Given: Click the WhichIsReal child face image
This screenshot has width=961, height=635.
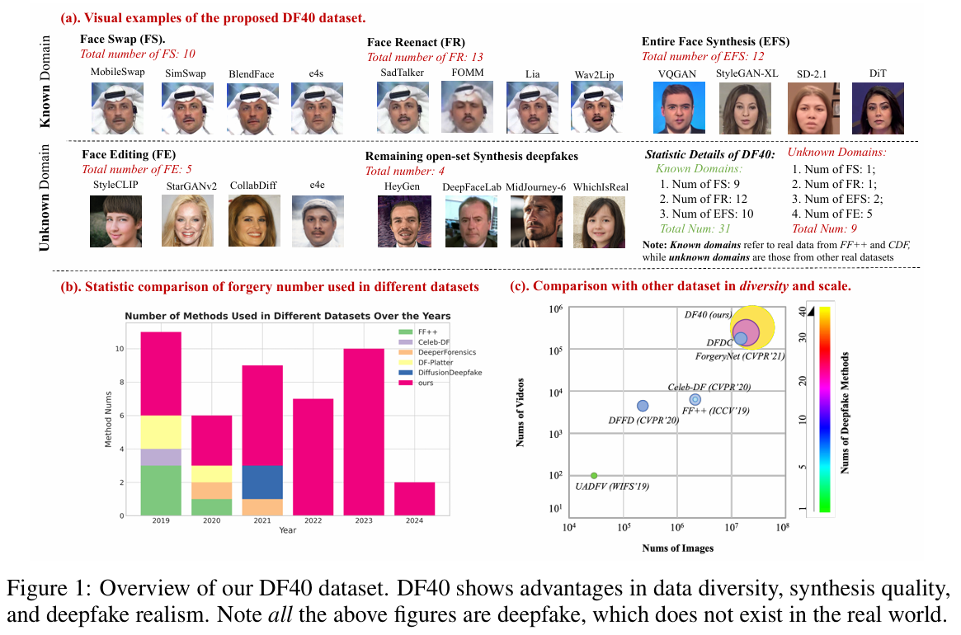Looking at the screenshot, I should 599,221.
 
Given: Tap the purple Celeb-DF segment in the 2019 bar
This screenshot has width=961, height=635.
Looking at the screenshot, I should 161,457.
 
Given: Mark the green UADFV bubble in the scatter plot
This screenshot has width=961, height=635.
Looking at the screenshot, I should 593,476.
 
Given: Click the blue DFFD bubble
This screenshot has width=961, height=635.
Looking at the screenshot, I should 643,405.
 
